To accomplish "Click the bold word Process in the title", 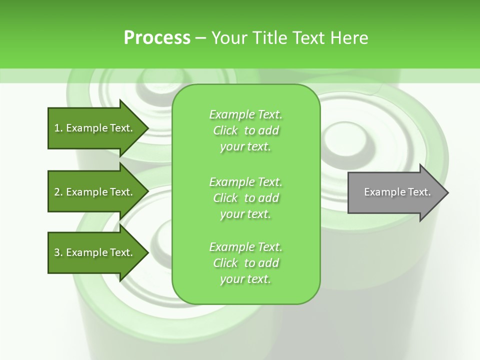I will click(157, 38).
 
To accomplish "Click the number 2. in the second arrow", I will click(58, 192).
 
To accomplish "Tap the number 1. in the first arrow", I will click(58, 128).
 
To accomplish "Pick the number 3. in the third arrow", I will click(58, 252).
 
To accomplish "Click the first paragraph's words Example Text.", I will click(245, 114).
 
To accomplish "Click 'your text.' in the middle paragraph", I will click(245, 214).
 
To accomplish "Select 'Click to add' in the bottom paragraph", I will click(245, 263).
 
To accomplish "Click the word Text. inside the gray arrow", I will click(419, 192).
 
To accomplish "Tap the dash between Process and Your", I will click(201, 38).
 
